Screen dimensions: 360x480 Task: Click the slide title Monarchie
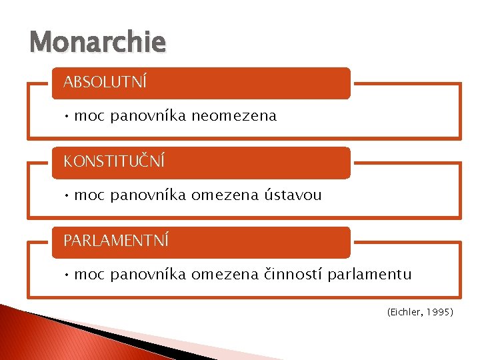[x=97, y=43]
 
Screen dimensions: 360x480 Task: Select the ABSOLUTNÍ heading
[x=105, y=83]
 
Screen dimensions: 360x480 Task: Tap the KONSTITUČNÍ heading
[x=114, y=162]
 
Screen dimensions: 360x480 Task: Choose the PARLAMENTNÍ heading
[x=116, y=241]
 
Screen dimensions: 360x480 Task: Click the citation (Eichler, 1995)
[x=419, y=311]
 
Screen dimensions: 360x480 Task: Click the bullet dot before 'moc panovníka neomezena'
[x=67, y=116]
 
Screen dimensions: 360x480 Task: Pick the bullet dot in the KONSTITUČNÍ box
[x=67, y=195]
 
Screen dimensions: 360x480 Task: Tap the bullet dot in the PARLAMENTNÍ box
[x=67, y=274]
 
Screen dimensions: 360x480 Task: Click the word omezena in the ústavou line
[x=223, y=195]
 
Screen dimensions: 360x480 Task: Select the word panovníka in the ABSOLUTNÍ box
[x=149, y=116]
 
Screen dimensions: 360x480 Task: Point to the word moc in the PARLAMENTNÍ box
[x=90, y=274]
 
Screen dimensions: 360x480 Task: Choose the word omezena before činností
[x=223, y=274]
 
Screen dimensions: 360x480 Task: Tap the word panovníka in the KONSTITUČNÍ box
[x=149, y=195]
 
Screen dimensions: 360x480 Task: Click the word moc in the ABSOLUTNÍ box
[x=90, y=116]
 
